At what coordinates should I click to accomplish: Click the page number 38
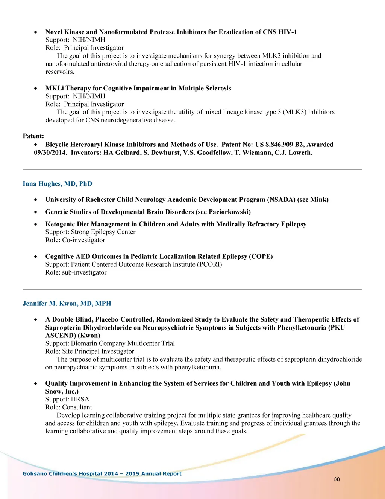pos(336,479)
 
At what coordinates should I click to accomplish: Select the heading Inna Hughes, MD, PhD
pos(57,184)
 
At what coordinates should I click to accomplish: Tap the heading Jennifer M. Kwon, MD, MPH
pos(67,304)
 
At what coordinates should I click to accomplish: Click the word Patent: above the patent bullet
pos(33,136)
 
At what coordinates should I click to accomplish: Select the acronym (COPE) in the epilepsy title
pos(261,256)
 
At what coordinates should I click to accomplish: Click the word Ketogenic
pos(61,224)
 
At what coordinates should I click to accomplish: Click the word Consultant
pos(77,407)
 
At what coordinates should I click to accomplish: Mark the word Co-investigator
pos(83,240)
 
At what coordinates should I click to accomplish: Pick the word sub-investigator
pos(84,272)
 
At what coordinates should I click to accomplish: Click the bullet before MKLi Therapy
pos(35,89)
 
